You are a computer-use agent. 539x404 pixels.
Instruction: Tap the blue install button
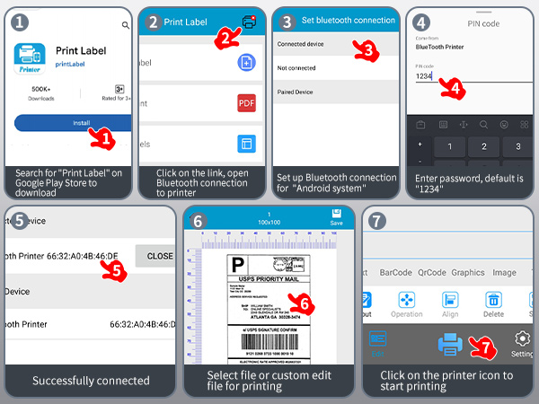(72, 123)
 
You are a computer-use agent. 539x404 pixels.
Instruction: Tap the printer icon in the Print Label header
(249, 22)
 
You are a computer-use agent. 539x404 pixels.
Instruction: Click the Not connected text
(296, 67)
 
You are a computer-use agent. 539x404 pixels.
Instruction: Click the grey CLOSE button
(159, 256)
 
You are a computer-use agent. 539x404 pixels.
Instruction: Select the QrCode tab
(431, 272)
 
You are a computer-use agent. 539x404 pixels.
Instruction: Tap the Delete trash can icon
(493, 301)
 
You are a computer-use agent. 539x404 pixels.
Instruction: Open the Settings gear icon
(521, 338)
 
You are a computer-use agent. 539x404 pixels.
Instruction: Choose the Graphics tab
(468, 272)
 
